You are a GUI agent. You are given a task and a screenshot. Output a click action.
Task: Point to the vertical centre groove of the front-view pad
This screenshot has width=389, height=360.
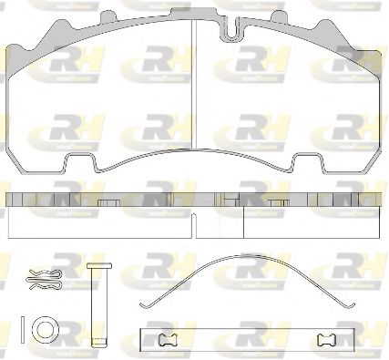point(195,91)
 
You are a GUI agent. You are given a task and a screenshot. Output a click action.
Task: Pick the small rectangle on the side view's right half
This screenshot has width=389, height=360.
point(278,202)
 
